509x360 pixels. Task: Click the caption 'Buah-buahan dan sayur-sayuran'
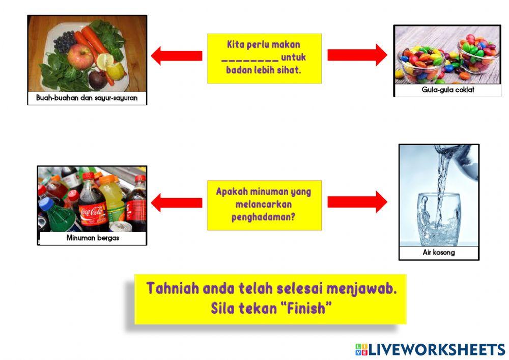coord(87,97)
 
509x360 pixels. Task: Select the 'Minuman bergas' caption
coord(92,237)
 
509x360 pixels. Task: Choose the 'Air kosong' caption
coord(439,252)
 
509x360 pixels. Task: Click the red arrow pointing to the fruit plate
coord(176,56)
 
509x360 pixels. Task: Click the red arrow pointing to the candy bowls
coord(357,55)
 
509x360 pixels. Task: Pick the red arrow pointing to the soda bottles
coord(176,202)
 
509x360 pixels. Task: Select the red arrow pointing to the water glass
coord(357,202)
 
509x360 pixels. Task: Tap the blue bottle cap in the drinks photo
coord(47,204)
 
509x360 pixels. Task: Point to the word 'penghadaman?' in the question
coord(264,216)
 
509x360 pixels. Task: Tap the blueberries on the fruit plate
coord(64,41)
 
